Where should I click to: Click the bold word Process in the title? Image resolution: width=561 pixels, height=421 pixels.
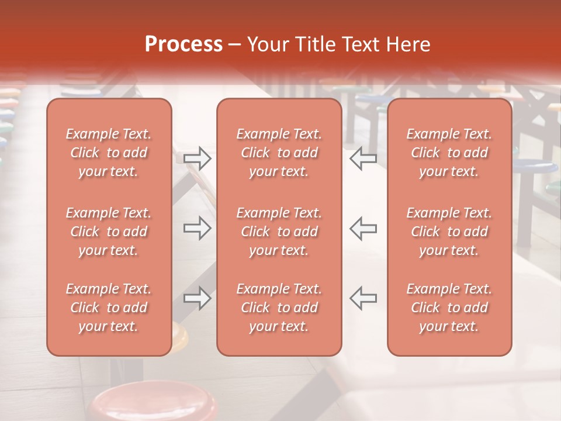[x=183, y=44]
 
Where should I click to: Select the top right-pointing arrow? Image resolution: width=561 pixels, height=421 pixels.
[x=198, y=158]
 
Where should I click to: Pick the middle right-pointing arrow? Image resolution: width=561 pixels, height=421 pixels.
[x=198, y=228]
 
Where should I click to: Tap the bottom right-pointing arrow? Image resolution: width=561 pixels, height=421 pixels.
[x=198, y=298]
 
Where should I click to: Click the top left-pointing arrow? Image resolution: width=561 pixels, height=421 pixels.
[x=363, y=158]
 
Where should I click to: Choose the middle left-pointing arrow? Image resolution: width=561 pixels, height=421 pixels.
[x=363, y=228]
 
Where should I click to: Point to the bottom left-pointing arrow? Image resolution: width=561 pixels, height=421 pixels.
[x=363, y=298]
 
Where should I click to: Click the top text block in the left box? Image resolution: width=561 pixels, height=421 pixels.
[x=109, y=153]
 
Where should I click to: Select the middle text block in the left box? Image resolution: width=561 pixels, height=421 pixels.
[x=109, y=232]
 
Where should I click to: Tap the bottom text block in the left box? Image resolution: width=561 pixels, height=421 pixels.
[x=109, y=308]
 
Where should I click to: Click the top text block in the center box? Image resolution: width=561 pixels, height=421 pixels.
[x=279, y=153]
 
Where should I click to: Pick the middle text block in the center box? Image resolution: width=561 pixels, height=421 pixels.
[x=279, y=232]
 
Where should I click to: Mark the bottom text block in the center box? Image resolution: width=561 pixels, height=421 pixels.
[x=279, y=308]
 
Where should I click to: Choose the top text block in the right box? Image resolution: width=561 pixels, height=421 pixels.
[x=449, y=153]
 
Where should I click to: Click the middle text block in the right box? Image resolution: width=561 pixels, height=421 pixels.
[x=449, y=232]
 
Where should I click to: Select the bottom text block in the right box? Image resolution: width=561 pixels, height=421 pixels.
[x=449, y=308]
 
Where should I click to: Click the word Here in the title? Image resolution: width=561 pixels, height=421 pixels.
[x=408, y=44]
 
